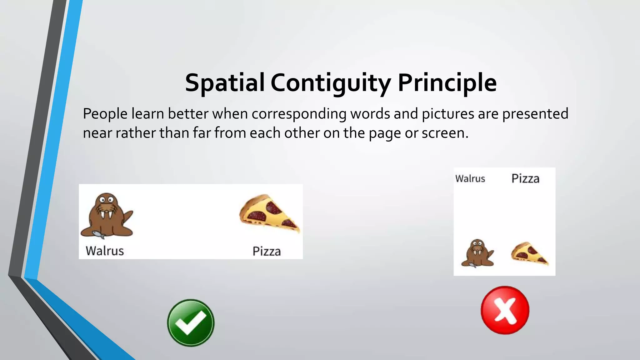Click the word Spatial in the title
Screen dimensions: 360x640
point(225,83)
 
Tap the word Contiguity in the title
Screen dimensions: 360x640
point(331,83)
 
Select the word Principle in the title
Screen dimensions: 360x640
point(447,83)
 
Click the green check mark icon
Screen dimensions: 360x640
point(191,323)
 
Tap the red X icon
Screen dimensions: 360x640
point(505,310)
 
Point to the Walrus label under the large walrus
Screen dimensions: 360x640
point(105,251)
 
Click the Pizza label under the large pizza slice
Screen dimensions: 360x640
point(267,251)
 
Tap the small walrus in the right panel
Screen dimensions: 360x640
point(477,253)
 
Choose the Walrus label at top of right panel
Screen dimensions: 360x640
point(470,179)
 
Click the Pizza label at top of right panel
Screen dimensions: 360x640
point(525,179)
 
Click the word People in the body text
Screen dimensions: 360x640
point(105,114)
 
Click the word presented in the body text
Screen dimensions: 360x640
point(535,114)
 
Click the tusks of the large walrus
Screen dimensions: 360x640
point(106,215)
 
